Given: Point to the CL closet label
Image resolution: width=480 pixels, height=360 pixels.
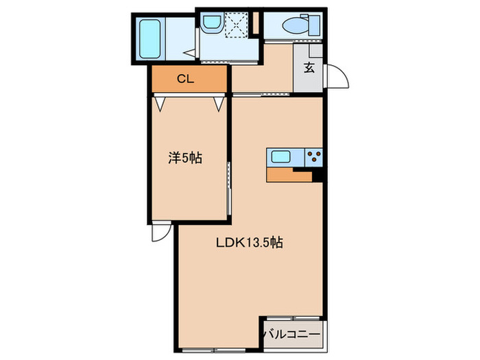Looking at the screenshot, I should tap(186, 79).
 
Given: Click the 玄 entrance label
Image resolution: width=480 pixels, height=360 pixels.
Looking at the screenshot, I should tap(309, 69).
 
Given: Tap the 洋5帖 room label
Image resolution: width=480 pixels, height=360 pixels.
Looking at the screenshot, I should tap(185, 157).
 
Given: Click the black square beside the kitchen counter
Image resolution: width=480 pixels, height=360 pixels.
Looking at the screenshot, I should tap(317, 177).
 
